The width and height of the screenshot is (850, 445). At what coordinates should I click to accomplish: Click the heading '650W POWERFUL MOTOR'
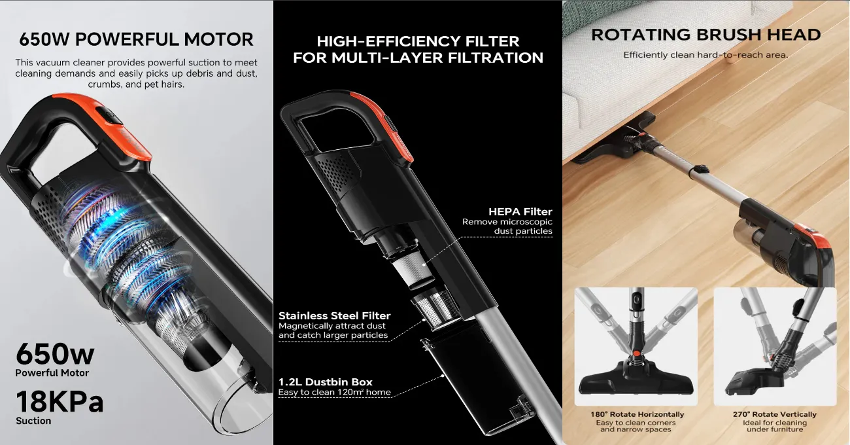coord(136,39)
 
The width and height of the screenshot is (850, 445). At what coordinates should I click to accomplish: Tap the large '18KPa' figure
coord(59,401)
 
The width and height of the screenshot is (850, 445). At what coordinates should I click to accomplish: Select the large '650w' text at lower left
coord(55,354)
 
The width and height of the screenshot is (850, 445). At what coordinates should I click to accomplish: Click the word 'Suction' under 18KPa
coord(33,421)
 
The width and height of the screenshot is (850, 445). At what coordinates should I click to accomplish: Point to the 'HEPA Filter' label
coord(520,211)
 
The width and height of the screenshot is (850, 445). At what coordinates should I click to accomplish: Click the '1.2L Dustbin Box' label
coord(325,382)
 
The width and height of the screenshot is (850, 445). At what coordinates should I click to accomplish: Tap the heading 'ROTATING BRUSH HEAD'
coord(705,35)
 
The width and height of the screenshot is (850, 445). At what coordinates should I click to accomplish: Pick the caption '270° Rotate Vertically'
coord(775,414)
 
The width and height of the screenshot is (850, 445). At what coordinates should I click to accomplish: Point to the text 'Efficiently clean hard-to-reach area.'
coord(705,55)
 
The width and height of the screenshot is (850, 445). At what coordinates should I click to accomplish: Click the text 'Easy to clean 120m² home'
coord(334,393)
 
